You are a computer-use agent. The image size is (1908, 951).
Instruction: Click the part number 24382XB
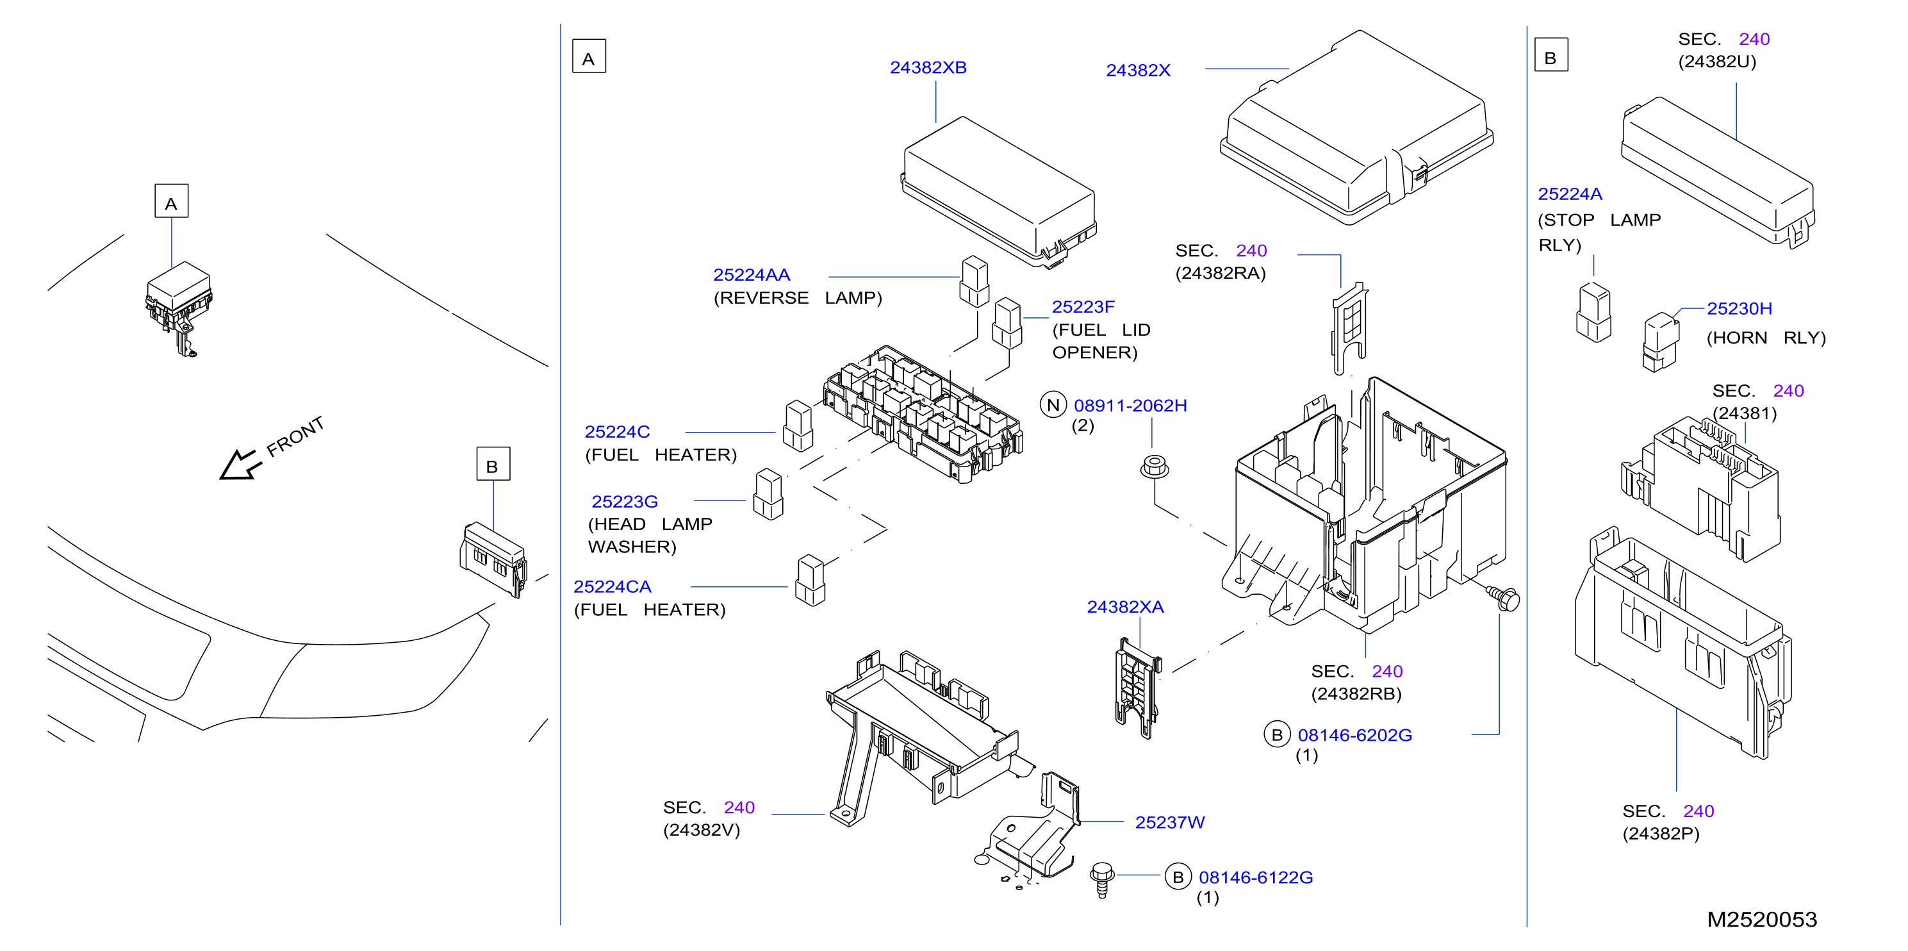point(928,67)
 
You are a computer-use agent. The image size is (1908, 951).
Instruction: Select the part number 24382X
point(1138,70)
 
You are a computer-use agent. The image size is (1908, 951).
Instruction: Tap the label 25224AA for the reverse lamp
point(751,275)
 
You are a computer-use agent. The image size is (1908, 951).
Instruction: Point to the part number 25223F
point(1083,306)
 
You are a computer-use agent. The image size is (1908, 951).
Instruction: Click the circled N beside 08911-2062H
point(1053,405)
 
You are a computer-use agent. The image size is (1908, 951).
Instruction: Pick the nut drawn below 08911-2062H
point(1154,467)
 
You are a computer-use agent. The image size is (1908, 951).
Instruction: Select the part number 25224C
point(617,432)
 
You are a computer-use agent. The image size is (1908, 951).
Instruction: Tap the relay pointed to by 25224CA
point(810,581)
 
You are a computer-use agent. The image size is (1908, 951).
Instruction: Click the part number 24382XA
point(1125,608)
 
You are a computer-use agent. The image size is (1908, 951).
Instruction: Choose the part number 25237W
point(1169,823)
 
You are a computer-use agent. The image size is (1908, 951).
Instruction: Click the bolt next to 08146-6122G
point(1102,880)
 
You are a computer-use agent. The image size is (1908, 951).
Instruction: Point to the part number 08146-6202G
point(1354,736)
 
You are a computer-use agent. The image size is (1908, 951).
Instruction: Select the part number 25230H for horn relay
point(1739,309)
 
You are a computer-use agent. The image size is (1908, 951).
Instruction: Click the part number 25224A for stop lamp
point(1570,194)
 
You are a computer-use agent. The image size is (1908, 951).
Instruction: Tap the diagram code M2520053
point(1762,920)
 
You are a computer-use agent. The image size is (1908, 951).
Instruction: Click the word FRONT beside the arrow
point(295,436)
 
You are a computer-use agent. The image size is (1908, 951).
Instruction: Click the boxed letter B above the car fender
point(493,464)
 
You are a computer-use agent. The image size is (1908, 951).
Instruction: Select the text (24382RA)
point(1221,273)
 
